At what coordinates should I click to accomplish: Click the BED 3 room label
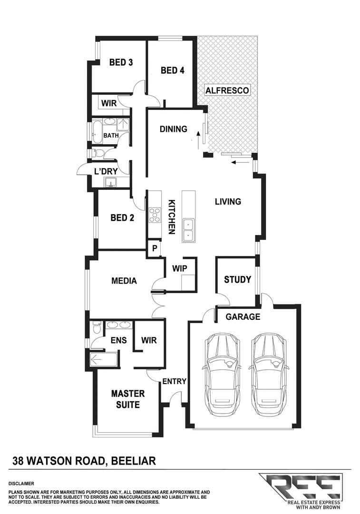pyautogui.click(x=121, y=62)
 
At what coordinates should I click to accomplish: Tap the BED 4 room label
pyautogui.click(x=172, y=70)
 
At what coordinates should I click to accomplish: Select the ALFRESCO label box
pyautogui.click(x=227, y=90)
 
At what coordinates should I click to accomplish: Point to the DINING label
pyautogui.click(x=173, y=129)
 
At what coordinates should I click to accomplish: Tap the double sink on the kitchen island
pyautogui.click(x=189, y=229)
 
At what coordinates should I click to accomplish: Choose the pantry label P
pyautogui.click(x=155, y=248)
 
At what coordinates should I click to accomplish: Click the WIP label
pyautogui.click(x=179, y=268)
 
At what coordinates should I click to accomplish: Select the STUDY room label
pyautogui.click(x=237, y=279)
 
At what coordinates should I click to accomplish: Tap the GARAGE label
pyautogui.click(x=243, y=316)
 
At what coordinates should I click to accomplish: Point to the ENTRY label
pyautogui.click(x=174, y=381)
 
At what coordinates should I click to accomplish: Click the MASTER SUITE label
pyautogui.click(x=127, y=399)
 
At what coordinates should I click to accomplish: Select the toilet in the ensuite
pyautogui.click(x=97, y=328)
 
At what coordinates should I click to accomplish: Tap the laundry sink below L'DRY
pyautogui.click(x=113, y=182)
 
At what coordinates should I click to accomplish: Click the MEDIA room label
pyautogui.click(x=124, y=281)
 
